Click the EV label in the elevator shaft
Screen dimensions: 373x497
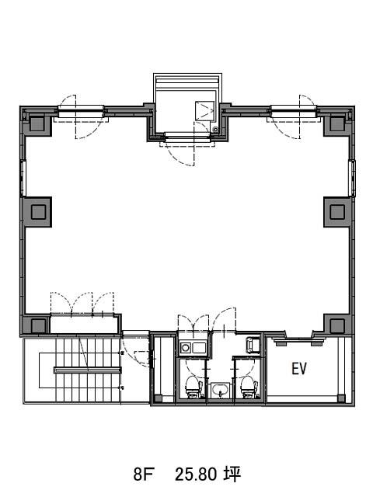coord(299,369)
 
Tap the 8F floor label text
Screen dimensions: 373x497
coord(143,474)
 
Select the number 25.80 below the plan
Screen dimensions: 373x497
coord(196,474)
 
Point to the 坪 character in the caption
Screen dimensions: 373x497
coord(232,474)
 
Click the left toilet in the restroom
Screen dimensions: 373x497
coord(193,386)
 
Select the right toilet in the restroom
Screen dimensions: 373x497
coord(249,386)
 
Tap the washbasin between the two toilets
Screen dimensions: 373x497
coord(220,390)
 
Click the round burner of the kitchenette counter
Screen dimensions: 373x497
coord(185,348)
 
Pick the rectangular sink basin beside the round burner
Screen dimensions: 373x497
coord(199,348)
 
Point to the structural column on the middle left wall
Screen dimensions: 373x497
coord(38,212)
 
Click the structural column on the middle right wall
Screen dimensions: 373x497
coord(336,212)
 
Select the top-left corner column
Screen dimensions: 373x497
coord(37,123)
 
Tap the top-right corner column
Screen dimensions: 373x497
coord(336,123)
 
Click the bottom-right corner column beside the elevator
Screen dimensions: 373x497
coord(336,325)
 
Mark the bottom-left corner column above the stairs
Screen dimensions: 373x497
coord(38,325)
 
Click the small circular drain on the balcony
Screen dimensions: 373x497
coord(216,129)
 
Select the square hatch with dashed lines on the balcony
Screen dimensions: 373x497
coord(204,110)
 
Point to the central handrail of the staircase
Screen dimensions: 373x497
coord(88,370)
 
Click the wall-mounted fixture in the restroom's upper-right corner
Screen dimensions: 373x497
coord(253,346)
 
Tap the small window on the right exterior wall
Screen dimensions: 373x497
coord(352,179)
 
